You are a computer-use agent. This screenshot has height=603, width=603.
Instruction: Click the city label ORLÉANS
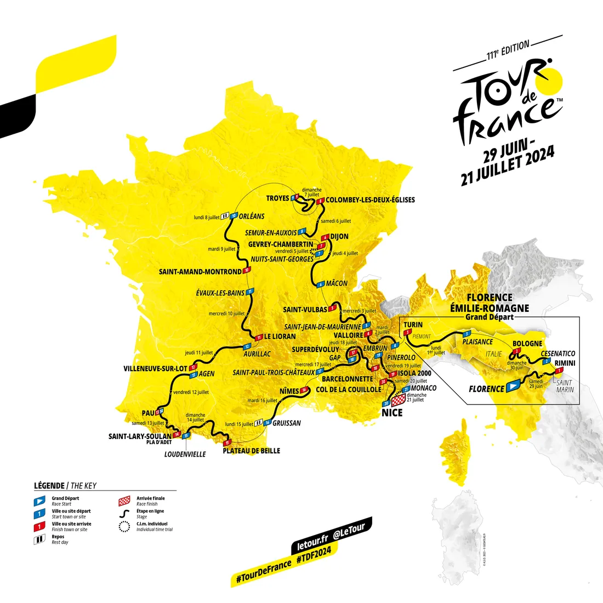252,216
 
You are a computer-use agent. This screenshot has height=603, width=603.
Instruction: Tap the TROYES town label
277,198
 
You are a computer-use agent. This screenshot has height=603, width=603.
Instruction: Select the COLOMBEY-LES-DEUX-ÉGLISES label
370,200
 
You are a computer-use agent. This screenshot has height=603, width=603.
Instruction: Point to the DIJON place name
339,237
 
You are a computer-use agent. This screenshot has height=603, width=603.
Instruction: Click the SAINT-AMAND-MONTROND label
200,271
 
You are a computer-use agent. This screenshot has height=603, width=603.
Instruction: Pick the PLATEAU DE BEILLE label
251,451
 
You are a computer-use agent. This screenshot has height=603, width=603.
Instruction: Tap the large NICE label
392,412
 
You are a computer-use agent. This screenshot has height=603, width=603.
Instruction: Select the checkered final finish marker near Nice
399,397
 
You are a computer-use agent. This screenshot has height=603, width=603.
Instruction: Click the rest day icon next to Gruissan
258,423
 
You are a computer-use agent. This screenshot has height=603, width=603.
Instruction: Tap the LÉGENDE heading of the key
49,485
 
